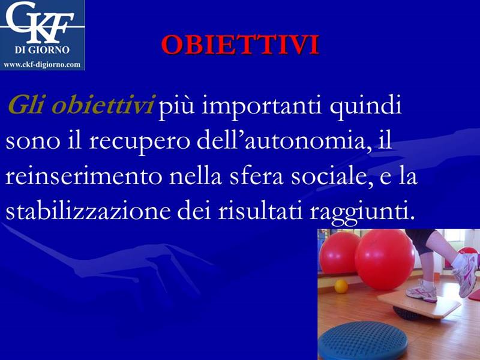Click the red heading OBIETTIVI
pyautogui.click(x=241, y=45)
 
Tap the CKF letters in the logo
pyautogui.click(x=40, y=23)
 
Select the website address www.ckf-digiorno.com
pyautogui.click(x=42, y=65)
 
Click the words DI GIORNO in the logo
pyautogui.click(x=42, y=50)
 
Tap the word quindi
pyautogui.click(x=365, y=106)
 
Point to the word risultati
pyautogui.click(x=261, y=211)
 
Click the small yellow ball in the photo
pyautogui.click(x=341, y=286)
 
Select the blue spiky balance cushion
pyautogui.click(x=363, y=339)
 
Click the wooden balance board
pyautogui.click(x=419, y=304)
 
